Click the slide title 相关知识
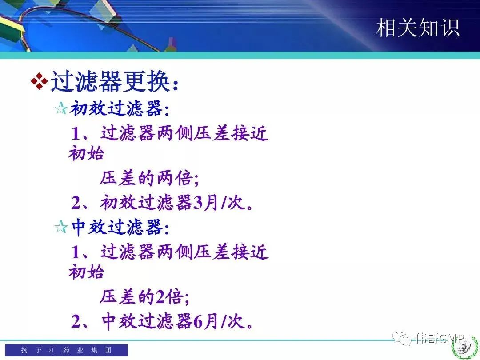[417, 28]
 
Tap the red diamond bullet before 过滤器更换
[39, 81]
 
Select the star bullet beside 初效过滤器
[60, 108]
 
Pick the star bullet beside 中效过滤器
[60, 227]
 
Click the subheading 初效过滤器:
[120, 109]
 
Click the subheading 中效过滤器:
[120, 228]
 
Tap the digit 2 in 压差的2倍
[160, 296]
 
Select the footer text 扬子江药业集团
[66, 350]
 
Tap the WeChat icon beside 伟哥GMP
[402, 338]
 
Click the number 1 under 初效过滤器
[76, 134]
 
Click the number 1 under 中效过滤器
[76, 252]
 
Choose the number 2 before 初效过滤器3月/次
[76, 203]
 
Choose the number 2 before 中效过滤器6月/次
[76, 321]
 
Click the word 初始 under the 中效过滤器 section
[86, 272]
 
